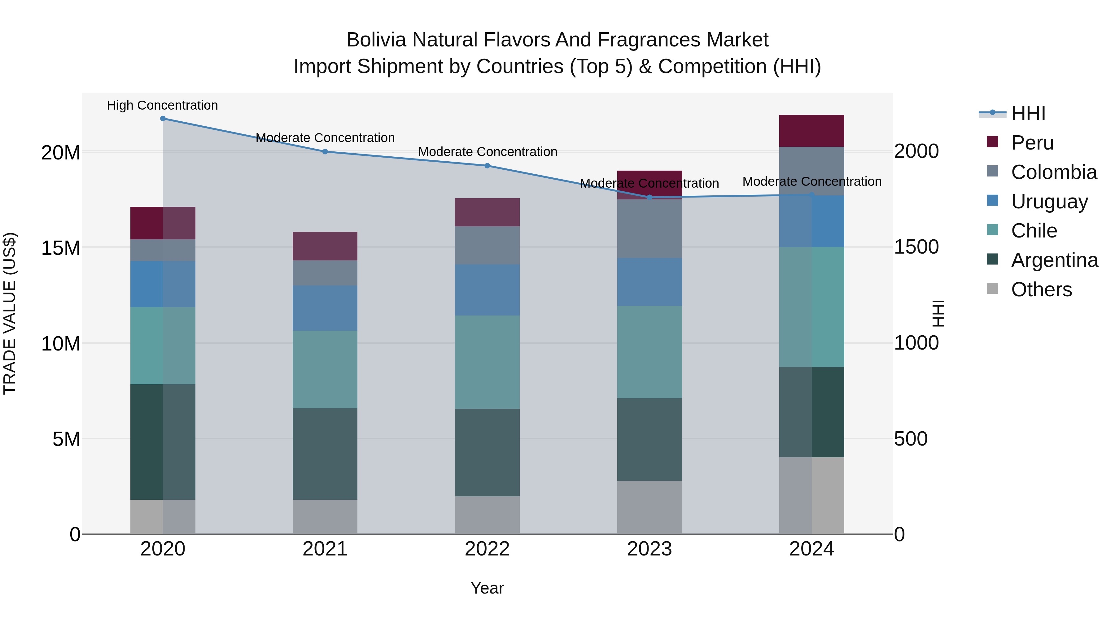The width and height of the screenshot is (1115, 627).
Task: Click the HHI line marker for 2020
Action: [x=163, y=119]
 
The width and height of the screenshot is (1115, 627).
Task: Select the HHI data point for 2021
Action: [x=325, y=151]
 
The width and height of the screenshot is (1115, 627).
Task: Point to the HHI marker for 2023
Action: [x=649, y=197]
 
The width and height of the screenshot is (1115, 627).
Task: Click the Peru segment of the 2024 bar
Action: [x=811, y=131]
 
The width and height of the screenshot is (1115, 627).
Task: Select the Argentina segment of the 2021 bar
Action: [x=325, y=454]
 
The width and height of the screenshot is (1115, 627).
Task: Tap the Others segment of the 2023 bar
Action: [x=649, y=507]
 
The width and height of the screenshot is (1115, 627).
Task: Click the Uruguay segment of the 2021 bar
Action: [x=325, y=308]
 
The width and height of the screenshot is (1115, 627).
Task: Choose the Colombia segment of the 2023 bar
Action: [x=649, y=229]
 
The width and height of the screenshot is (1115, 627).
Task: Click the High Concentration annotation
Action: [x=162, y=105]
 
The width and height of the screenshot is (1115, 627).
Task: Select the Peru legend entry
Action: [x=1032, y=143]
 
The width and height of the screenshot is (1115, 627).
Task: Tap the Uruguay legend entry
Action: [x=1049, y=202]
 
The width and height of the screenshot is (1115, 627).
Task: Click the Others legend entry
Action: [x=1041, y=290]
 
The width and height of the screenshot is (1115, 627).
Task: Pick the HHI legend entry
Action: [x=1028, y=113]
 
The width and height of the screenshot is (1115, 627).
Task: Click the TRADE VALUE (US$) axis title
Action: [x=10, y=313]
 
